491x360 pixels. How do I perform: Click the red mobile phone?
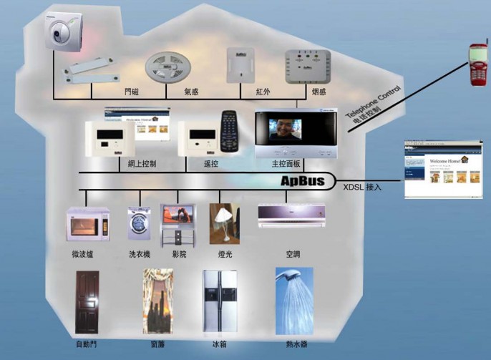pos(477,65)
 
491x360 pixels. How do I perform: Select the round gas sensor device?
pos(169,69)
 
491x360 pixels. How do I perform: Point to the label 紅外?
pos(263,92)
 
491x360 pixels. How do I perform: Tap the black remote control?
pos(229,131)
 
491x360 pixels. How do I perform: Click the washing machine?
pos(139,223)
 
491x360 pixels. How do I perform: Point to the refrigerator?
pos(218,301)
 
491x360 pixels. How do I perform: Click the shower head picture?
pos(293,300)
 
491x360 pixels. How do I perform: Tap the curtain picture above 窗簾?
pos(157,301)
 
